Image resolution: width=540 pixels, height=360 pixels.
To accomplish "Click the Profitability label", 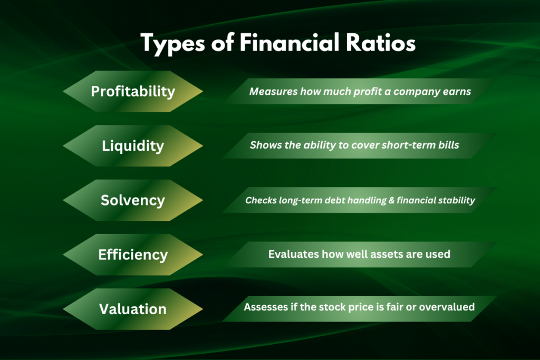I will (133, 91).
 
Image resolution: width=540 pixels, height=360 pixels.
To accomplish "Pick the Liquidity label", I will (133, 145).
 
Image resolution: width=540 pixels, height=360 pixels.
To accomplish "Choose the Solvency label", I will (133, 200).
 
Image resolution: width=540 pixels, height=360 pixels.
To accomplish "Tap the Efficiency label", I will (133, 255).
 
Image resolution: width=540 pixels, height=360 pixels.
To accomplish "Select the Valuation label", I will (133, 309).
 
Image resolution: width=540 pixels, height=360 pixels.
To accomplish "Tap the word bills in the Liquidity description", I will (448, 145).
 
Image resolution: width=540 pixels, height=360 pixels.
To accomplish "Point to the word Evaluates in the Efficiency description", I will (293, 254).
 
